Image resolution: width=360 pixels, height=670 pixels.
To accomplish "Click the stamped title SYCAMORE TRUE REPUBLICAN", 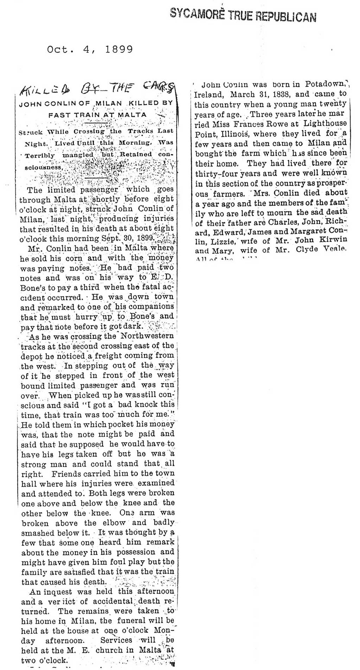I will click(x=243, y=15).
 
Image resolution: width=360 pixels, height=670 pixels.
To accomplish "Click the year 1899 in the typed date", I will click(x=119, y=50).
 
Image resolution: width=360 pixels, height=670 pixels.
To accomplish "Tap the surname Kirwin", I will click(x=333, y=240).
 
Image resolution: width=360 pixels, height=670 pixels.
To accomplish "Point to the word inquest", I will click(x=57, y=592).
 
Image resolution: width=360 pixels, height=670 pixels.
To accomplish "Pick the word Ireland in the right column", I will click(x=209, y=95).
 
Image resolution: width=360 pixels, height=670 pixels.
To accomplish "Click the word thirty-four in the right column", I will click(x=216, y=173).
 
